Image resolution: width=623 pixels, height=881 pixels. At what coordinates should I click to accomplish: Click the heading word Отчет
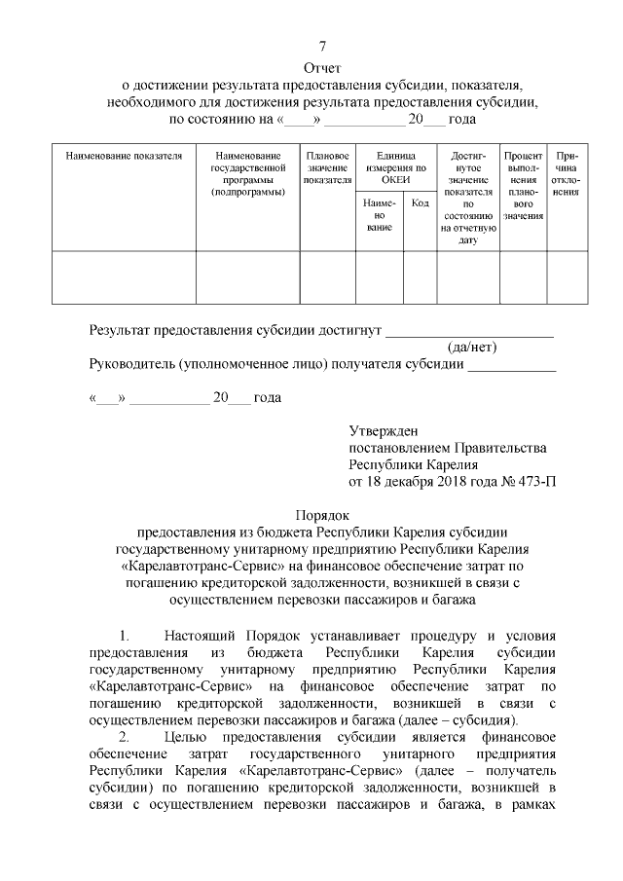322,69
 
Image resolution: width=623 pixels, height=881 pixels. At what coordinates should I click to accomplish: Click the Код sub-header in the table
420,203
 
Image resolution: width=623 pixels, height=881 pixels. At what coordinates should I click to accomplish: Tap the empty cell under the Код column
420,277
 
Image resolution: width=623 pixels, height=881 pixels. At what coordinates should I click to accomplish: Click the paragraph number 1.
124,636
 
